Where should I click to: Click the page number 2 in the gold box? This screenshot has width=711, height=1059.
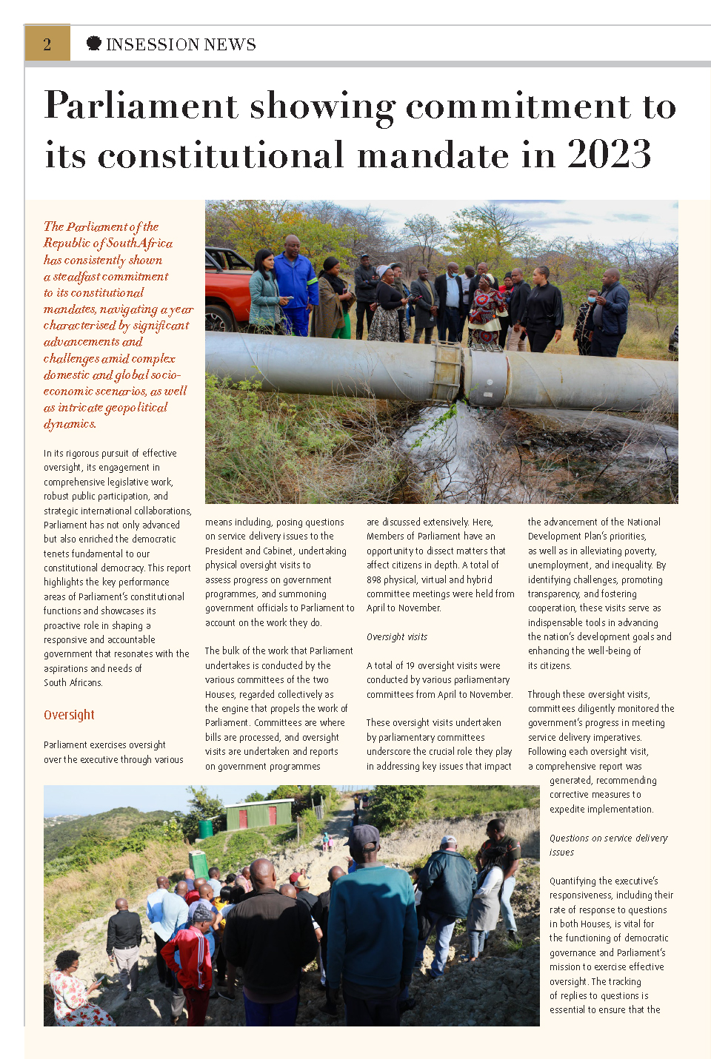click(x=47, y=44)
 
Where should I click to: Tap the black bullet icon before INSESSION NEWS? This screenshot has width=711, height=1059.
click(x=93, y=44)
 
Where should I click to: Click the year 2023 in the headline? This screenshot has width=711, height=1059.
click(x=609, y=155)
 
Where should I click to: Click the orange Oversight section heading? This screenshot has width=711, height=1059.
click(x=69, y=715)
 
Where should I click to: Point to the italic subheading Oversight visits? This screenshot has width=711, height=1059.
click(x=397, y=636)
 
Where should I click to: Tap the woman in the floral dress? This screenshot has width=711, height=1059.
click(x=77, y=992)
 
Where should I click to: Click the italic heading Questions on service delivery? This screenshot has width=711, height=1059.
click(x=608, y=838)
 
